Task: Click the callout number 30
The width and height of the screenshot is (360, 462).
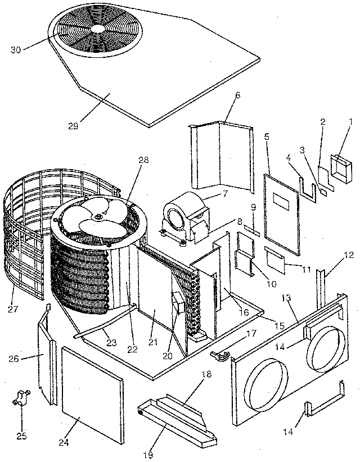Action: coord(16,49)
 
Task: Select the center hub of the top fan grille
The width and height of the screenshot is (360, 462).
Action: coord(97,28)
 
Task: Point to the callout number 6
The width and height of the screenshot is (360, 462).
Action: coord(237,96)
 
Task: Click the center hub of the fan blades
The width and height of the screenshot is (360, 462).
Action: coord(100,214)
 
